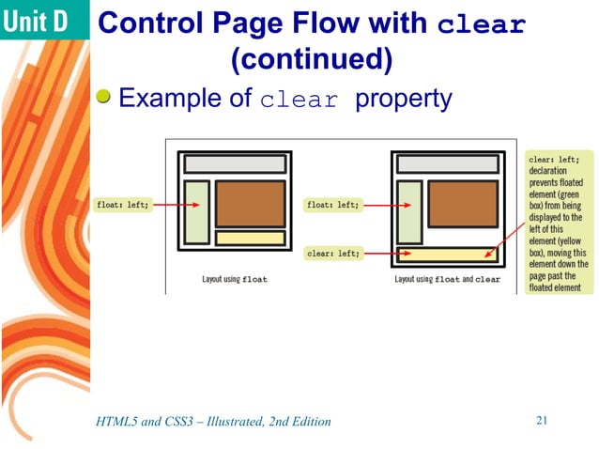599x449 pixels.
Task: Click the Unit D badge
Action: (x=39, y=22)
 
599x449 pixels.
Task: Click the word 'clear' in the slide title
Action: (x=483, y=24)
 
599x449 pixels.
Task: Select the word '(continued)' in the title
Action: (x=311, y=60)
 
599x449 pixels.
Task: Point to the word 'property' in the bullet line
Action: (x=403, y=98)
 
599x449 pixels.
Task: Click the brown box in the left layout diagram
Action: (x=250, y=203)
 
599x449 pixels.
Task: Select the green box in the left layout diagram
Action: (x=196, y=212)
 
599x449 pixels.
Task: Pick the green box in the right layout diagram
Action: (x=409, y=212)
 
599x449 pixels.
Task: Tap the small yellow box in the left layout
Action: (x=250, y=239)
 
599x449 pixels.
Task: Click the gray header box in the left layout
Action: (x=234, y=163)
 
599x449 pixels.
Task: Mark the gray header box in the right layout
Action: (x=447, y=163)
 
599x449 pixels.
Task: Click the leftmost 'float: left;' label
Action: (x=123, y=205)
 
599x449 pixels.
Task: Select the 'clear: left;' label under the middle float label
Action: (x=333, y=253)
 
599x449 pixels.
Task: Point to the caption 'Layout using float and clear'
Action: (x=447, y=279)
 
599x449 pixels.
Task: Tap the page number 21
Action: (x=541, y=420)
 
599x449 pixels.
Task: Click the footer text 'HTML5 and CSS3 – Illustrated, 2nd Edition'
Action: (x=214, y=421)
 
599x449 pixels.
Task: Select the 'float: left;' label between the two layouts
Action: (x=333, y=205)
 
